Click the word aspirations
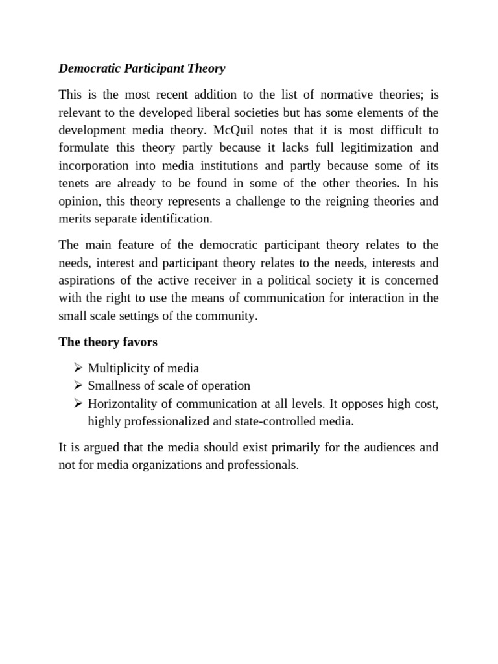tap(88, 280)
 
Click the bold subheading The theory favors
tap(108, 341)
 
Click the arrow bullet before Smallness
tap(78, 386)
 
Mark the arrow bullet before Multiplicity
tap(78, 368)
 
